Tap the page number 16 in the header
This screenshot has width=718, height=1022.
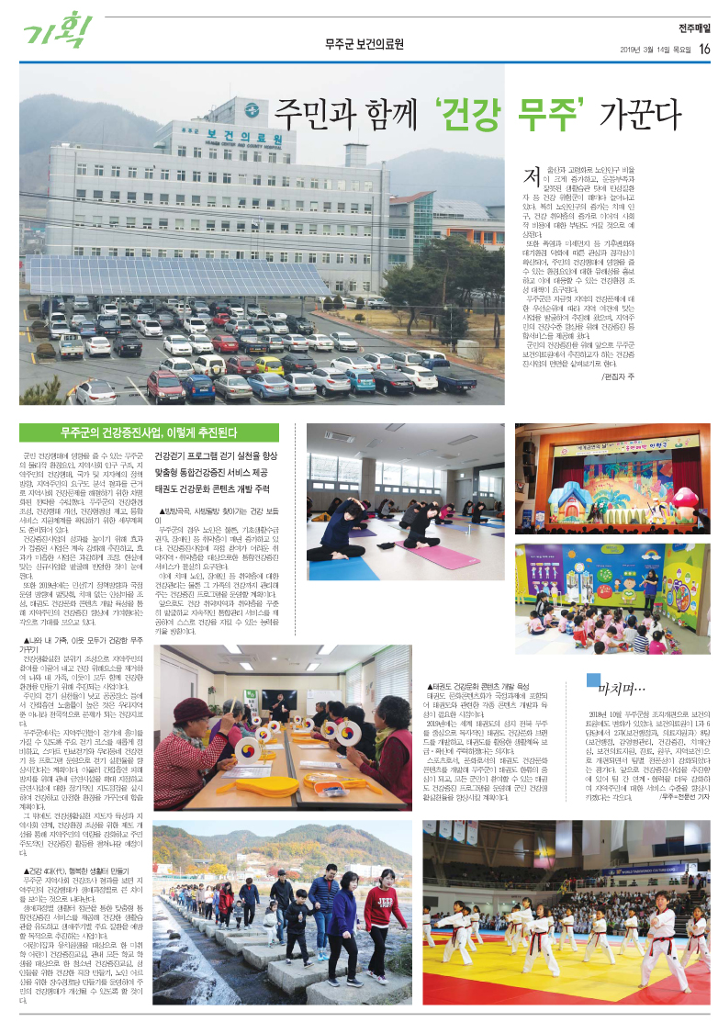705,49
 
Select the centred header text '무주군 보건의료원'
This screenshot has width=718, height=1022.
362,44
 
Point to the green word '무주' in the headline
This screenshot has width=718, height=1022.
553,117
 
